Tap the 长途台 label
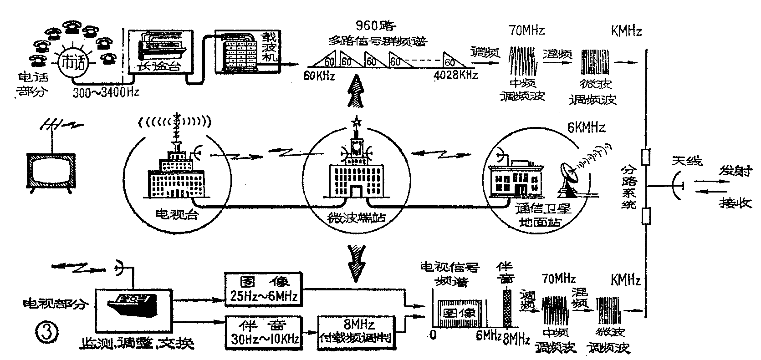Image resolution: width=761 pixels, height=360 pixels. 155,67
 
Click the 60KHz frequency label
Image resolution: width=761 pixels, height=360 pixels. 319,75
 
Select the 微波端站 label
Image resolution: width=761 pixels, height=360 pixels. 357,218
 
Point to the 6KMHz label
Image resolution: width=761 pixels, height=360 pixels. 586,128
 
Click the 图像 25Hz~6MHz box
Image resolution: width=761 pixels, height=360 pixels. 264,289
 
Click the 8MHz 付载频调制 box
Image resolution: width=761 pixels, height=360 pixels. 357,332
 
